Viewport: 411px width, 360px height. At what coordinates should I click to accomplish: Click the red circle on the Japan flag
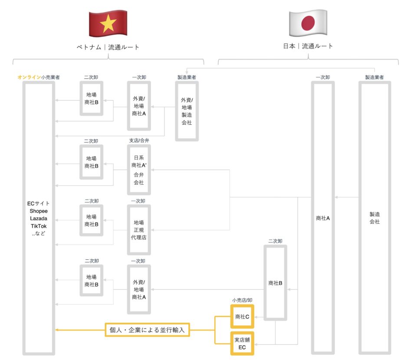coord(308,23)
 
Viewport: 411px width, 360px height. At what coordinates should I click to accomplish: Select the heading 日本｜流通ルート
coord(308,46)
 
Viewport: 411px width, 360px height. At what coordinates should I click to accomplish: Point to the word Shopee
coord(39,210)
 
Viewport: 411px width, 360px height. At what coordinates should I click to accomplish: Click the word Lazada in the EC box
coord(39,218)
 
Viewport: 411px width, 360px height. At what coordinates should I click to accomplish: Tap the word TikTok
coord(39,226)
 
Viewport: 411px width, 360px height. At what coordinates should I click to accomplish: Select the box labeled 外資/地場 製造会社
coord(187,111)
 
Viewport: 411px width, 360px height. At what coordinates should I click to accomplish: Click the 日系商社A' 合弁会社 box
coord(139,170)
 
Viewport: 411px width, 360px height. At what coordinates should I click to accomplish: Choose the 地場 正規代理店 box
coord(139,230)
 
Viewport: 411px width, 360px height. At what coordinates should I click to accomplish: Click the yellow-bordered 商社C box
coord(242,317)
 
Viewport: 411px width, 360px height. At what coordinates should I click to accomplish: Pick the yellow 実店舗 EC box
coord(242,343)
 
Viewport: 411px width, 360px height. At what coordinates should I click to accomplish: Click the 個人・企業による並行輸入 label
coord(148,330)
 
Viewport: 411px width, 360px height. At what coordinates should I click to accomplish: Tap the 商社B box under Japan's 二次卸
coord(275,283)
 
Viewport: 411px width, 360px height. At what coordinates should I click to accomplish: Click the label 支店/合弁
coord(139,141)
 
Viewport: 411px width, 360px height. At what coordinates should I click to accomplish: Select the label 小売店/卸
coord(242,300)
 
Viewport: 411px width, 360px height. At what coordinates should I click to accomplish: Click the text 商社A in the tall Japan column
coord(323,218)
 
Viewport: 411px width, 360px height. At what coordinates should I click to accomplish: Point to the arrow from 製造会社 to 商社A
coord(347,197)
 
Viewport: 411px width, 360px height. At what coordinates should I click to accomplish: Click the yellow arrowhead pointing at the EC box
coord(57,330)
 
